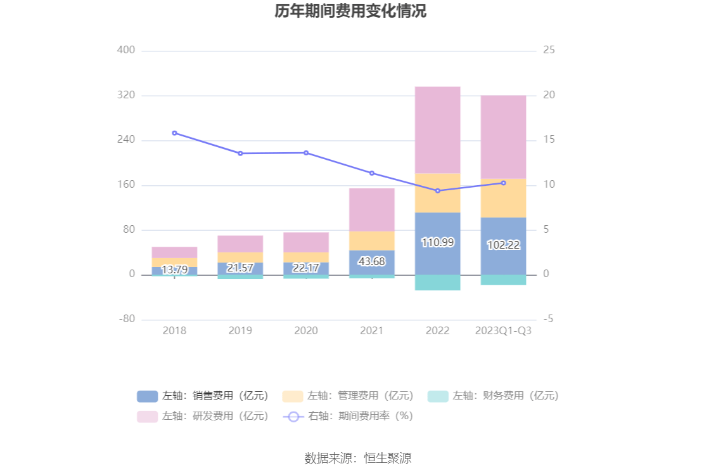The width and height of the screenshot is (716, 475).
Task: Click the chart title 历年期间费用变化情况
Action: coord(350,11)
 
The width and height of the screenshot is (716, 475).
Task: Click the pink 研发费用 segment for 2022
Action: coord(437,129)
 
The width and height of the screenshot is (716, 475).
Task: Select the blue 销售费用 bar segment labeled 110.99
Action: coord(437,243)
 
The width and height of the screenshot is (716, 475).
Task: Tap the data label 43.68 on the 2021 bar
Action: coord(372,261)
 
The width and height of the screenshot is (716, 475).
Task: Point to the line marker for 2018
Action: coord(174,133)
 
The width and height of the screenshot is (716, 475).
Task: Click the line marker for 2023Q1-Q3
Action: coord(503,183)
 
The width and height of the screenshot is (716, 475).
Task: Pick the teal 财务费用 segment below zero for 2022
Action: coord(437,282)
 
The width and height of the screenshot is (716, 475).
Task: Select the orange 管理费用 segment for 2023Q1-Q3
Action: coord(503,198)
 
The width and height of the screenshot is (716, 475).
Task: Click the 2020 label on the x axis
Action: coord(306,331)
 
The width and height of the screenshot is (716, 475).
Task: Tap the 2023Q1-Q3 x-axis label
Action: coord(503,331)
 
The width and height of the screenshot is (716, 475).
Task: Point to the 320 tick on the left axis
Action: coord(126,95)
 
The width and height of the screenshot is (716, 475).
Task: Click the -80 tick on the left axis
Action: coord(126,319)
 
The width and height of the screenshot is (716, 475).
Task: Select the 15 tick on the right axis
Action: coord(549,140)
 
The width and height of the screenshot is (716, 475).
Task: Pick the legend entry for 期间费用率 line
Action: coord(348,417)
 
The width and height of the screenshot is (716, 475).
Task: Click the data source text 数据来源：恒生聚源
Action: coord(358,458)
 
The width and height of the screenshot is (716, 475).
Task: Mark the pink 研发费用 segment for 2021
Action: coord(372,209)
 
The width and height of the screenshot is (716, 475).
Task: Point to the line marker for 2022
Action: coord(437,191)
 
